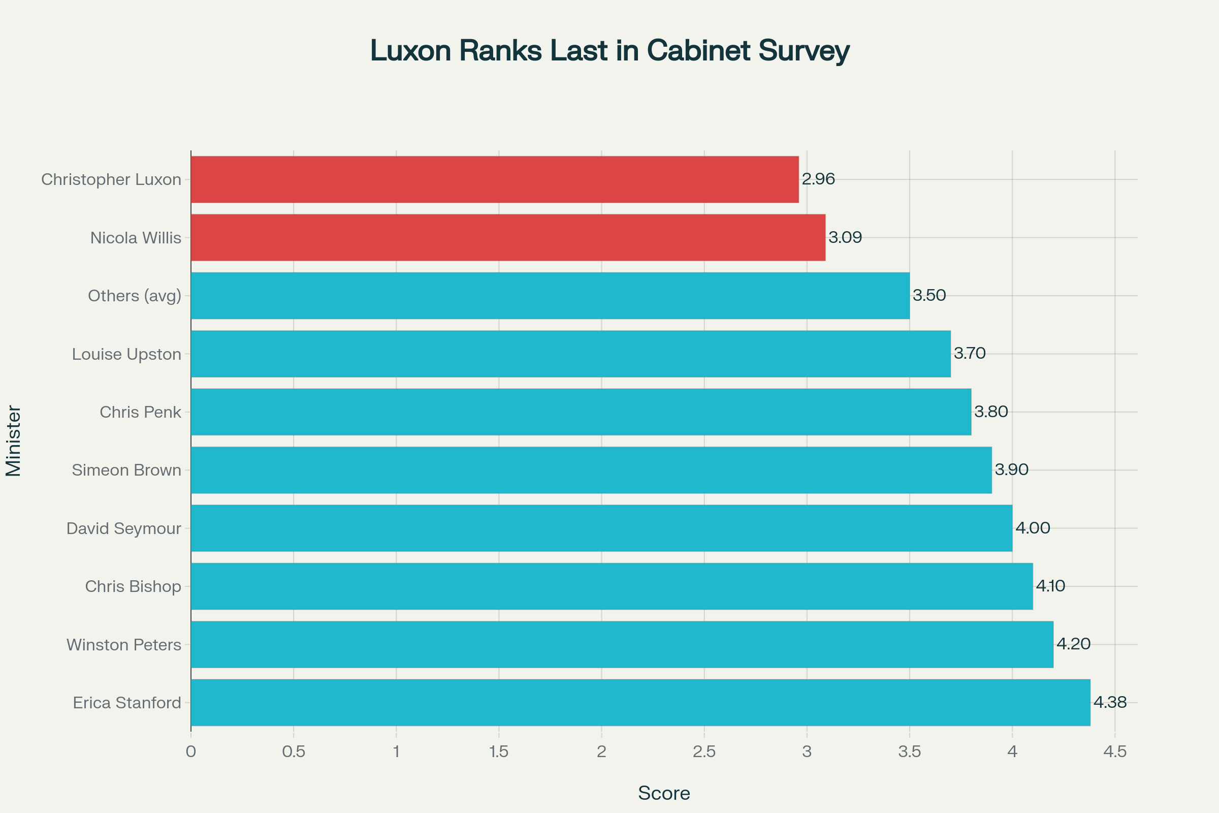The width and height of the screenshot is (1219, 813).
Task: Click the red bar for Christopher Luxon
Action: (494, 179)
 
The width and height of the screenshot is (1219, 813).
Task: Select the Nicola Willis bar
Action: (508, 237)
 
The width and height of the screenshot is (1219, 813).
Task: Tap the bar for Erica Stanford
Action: (640, 703)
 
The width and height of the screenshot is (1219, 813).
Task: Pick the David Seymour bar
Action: (601, 528)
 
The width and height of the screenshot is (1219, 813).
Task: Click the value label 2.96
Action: (818, 179)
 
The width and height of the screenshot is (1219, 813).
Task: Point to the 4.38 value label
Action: (1110, 703)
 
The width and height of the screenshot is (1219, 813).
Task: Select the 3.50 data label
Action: (929, 296)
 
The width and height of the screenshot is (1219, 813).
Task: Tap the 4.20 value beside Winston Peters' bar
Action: (1073, 644)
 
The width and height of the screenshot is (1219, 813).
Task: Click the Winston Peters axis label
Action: (124, 645)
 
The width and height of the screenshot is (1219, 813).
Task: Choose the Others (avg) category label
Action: (135, 296)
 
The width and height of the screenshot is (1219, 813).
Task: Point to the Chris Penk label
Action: (141, 412)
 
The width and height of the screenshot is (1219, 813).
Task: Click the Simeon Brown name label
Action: (126, 471)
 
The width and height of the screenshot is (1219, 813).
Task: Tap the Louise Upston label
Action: (126, 354)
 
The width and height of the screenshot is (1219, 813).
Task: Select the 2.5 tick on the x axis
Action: (704, 752)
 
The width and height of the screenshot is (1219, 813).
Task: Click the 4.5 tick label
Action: (1115, 752)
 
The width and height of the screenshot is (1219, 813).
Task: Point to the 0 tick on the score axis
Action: (191, 752)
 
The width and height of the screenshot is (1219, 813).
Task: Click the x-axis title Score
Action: (664, 793)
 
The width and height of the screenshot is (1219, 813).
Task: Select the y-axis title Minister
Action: (14, 441)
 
